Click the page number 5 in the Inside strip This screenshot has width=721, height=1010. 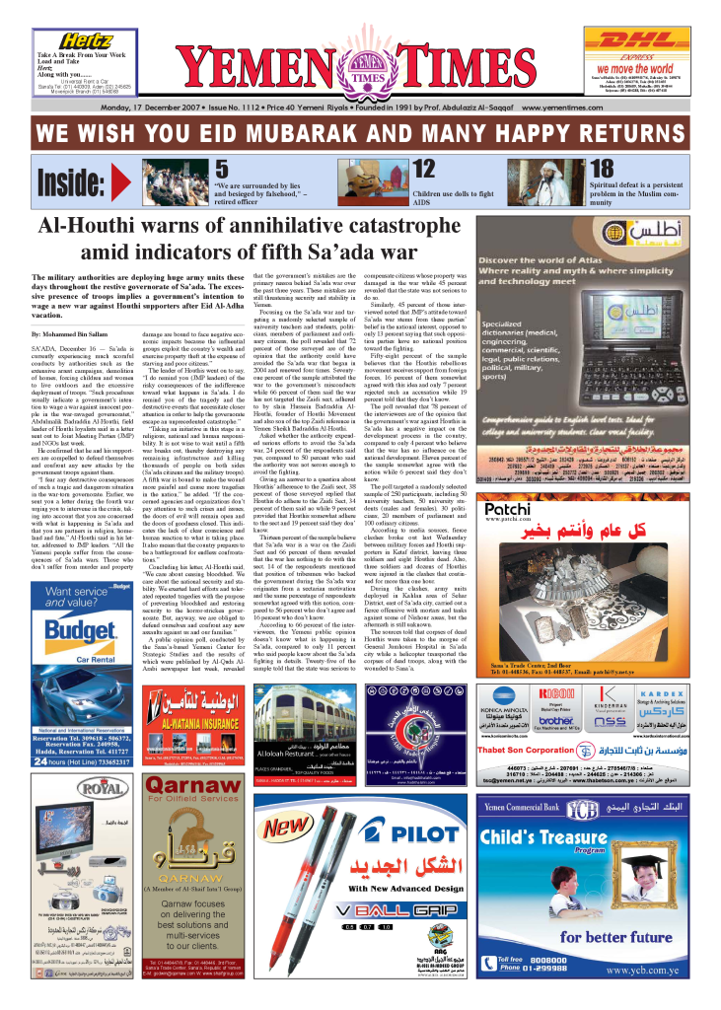click(222, 170)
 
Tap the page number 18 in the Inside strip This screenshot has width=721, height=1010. click(601, 170)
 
